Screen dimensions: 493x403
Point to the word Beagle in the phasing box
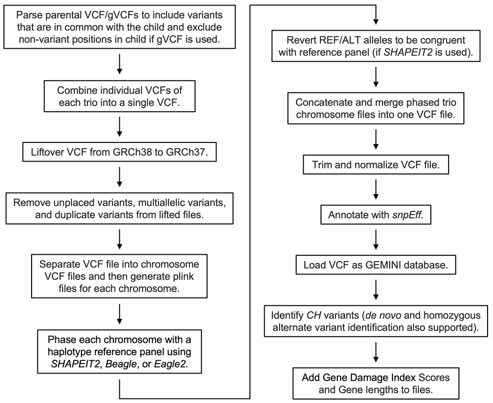121,364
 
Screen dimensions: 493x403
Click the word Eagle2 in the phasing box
171,364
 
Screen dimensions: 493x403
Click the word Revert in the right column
300,40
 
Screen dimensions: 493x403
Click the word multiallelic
159,202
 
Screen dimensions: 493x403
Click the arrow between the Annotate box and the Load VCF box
376,239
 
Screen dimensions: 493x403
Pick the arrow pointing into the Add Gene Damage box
376,352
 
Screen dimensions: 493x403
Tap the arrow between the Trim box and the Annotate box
376,190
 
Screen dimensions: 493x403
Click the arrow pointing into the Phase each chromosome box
119,314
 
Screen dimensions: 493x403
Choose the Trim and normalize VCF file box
376,165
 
